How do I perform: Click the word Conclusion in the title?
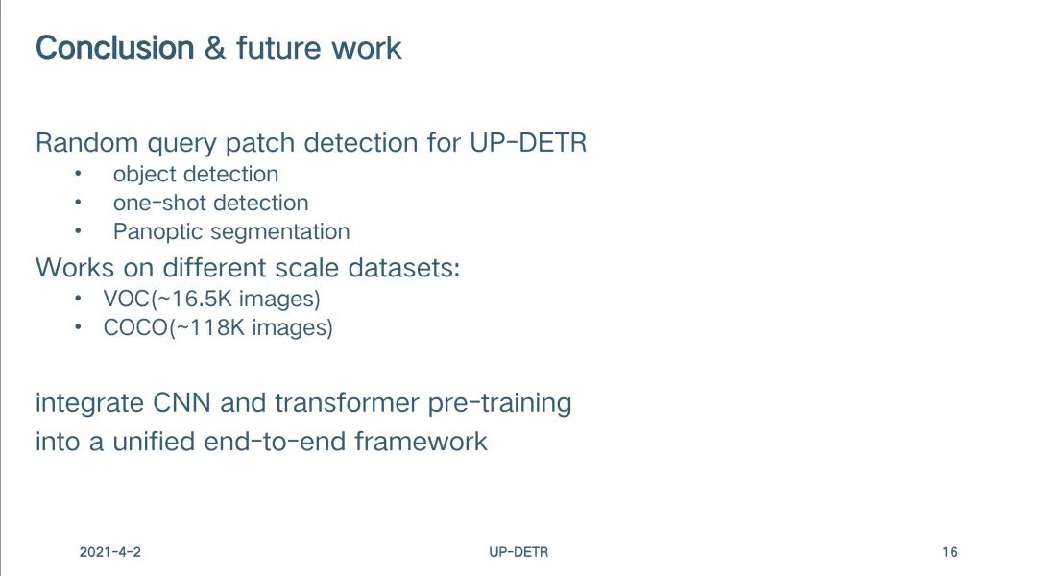[x=114, y=48]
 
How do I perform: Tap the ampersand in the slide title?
[x=215, y=48]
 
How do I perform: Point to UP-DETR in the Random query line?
[x=528, y=143]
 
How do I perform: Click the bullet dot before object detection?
[x=78, y=173]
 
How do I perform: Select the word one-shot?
[x=157, y=203]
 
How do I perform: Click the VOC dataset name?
[x=127, y=299]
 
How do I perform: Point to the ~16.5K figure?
[x=194, y=299]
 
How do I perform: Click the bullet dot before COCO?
[x=78, y=327]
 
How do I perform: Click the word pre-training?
[x=499, y=403]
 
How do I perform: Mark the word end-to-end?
[x=275, y=442]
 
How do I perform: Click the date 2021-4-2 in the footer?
[x=109, y=552]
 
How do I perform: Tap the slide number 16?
[x=950, y=552]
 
